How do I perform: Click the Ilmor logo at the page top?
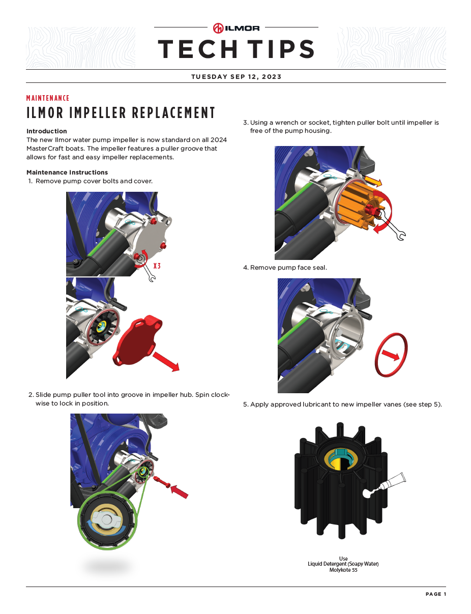coord(236,28)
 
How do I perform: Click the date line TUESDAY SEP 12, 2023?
coord(236,77)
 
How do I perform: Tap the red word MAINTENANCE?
coord(48,98)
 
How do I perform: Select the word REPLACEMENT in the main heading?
coord(173,113)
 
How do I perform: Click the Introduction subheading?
coord(47,131)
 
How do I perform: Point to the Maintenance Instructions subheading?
coord(67,172)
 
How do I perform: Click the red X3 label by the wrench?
coord(157,266)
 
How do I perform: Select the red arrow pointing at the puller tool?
coord(179,491)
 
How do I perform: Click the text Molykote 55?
coord(343,570)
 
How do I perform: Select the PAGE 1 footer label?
coord(436,594)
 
